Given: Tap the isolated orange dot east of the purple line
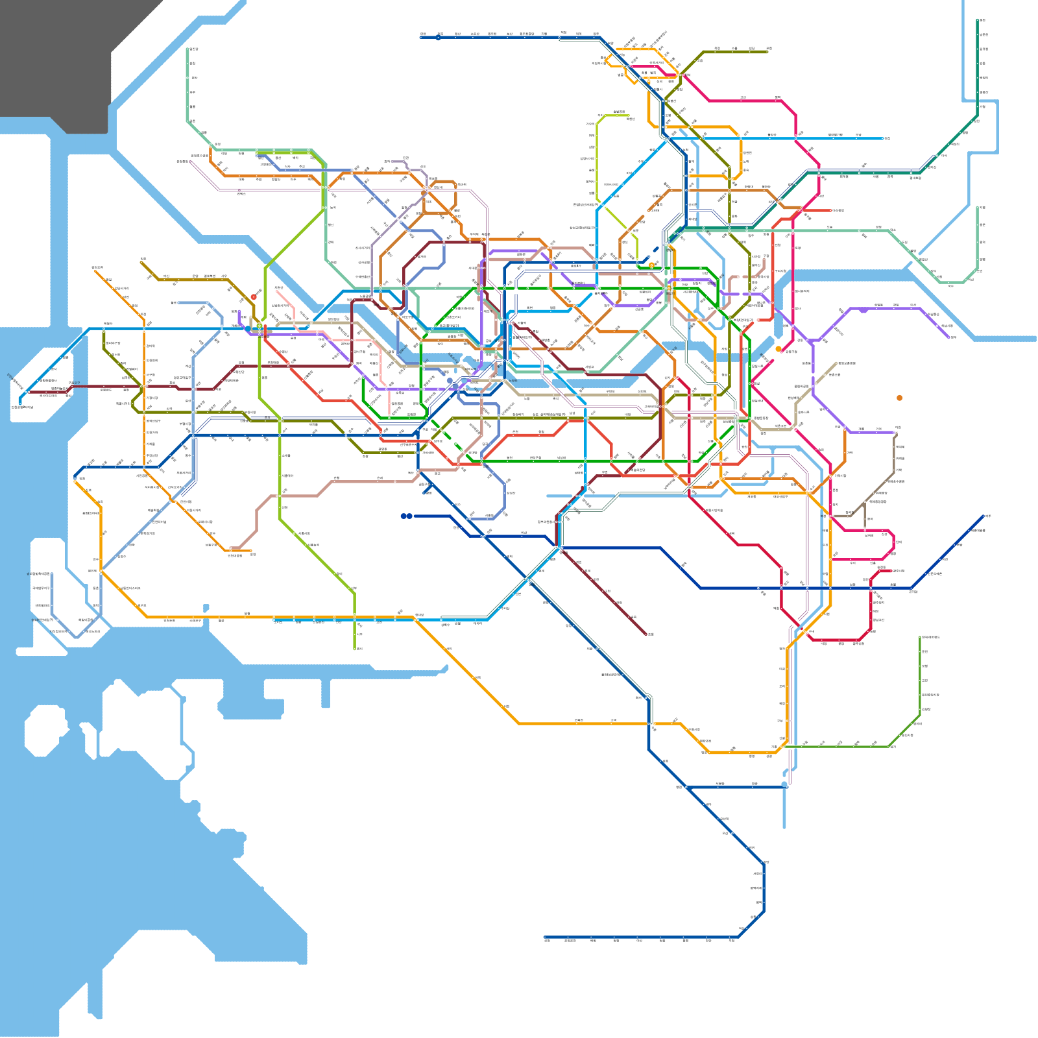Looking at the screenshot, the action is [x=899, y=398].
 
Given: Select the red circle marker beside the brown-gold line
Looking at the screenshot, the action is [x=254, y=297].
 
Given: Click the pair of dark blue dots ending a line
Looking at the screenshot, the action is [x=406, y=516].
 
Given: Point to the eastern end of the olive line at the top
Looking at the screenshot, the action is [x=768, y=52].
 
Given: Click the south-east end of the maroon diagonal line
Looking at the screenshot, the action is [x=646, y=634].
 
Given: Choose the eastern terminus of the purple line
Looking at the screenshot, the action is [x=950, y=337].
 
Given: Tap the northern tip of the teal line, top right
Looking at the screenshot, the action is [x=978, y=20].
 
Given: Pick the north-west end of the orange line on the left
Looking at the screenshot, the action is [x=95, y=271].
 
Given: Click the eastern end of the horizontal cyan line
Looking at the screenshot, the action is [x=887, y=138].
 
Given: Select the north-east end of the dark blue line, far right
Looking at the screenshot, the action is [x=985, y=516].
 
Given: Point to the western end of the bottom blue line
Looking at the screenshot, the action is [x=545, y=937].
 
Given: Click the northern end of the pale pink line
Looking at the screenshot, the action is [x=277, y=291].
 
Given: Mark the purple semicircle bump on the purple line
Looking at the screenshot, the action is [x=863, y=311].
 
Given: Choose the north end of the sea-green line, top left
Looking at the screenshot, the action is [x=189, y=49].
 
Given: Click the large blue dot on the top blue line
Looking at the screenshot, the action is [x=439, y=37].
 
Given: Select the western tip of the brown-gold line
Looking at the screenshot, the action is [x=141, y=262].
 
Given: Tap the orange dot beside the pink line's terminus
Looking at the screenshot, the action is [x=779, y=349].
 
